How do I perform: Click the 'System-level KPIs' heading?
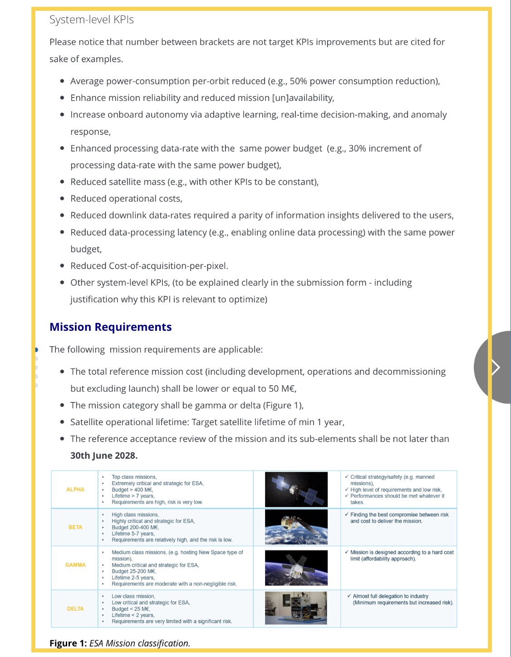tap(91, 20)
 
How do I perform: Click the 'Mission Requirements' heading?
tap(110, 327)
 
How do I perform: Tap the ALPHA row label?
tap(75, 490)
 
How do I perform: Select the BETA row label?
tap(75, 527)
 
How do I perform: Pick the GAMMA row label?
tap(75, 565)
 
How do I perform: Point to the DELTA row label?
tap(75, 608)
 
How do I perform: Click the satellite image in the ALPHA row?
tap(296, 489)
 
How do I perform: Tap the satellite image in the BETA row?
tap(296, 527)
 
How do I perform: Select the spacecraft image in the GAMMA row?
tap(296, 568)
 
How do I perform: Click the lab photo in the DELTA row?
tap(296, 608)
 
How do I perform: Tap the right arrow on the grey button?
tap(496, 367)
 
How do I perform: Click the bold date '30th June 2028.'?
tap(103, 456)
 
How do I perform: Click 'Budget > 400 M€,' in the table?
tap(133, 490)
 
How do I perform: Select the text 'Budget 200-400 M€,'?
tap(135, 527)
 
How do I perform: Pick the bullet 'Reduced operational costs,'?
tap(126, 199)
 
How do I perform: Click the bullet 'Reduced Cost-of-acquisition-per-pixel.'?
tap(149, 266)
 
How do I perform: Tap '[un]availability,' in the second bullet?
tap(303, 98)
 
